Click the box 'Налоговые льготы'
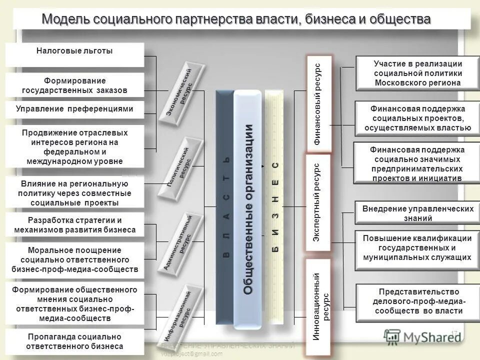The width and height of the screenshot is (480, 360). coord(74,51)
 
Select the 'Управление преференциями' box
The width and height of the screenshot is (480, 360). coord(74,109)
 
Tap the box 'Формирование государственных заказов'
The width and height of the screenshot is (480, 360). coord(74,85)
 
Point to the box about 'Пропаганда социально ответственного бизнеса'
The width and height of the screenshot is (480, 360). coord(74,341)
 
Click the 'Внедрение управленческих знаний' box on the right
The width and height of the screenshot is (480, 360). coord(417,213)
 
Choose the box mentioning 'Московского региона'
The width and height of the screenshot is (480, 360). coord(417,73)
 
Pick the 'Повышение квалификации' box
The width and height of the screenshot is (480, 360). coord(417,247)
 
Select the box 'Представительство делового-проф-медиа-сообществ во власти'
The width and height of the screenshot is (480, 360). coord(417,301)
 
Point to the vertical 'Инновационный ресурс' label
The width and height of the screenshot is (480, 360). coord(318,306)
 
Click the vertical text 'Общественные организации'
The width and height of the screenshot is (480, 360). coord(248,210)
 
